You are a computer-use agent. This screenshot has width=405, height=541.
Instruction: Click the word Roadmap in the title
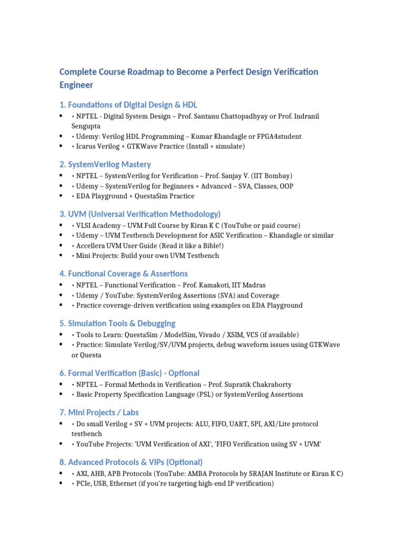[x=146, y=72]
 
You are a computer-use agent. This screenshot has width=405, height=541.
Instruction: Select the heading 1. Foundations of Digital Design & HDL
[x=128, y=105]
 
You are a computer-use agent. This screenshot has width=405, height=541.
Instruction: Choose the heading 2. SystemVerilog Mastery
[x=105, y=164]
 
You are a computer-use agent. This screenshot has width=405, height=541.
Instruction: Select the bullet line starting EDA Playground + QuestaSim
[x=132, y=196]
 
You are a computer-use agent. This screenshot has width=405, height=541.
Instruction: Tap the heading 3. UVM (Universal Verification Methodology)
[x=140, y=214]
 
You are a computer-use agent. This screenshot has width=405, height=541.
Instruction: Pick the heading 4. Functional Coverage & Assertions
[x=123, y=274]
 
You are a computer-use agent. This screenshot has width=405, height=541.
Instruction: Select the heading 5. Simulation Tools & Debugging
[x=117, y=323]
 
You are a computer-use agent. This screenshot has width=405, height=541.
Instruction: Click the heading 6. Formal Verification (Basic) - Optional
[x=129, y=373]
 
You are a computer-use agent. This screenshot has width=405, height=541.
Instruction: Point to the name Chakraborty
[x=269, y=385]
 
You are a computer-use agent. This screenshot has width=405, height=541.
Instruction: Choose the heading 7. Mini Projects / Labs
[x=99, y=412]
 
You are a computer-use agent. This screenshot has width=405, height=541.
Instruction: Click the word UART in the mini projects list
[x=237, y=424]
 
